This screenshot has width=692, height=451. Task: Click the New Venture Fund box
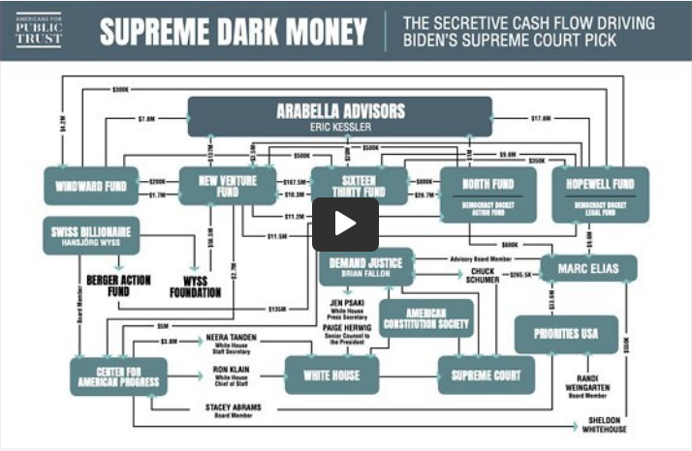[222, 185]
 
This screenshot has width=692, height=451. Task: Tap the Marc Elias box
[588, 268]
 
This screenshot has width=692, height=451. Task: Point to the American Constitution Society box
[425, 318]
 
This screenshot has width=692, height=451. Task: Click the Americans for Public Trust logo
[37, 30]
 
